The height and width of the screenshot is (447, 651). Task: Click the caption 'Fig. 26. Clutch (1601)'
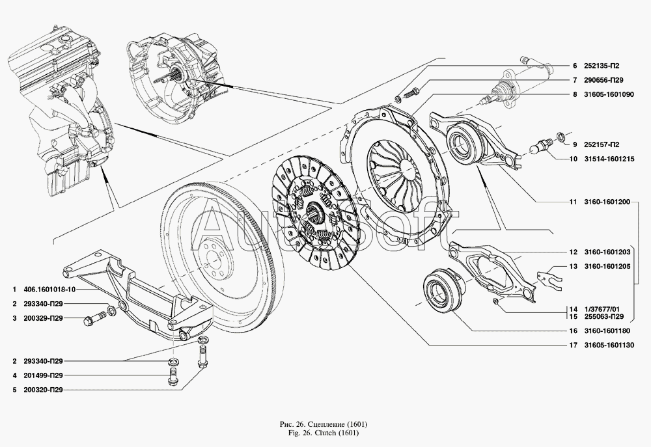point(325,433)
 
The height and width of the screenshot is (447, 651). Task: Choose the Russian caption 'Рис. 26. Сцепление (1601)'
point(325,424)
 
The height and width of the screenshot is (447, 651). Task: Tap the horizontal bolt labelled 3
point(92,319)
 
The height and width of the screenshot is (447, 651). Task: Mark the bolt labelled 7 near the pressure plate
point(410,92)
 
